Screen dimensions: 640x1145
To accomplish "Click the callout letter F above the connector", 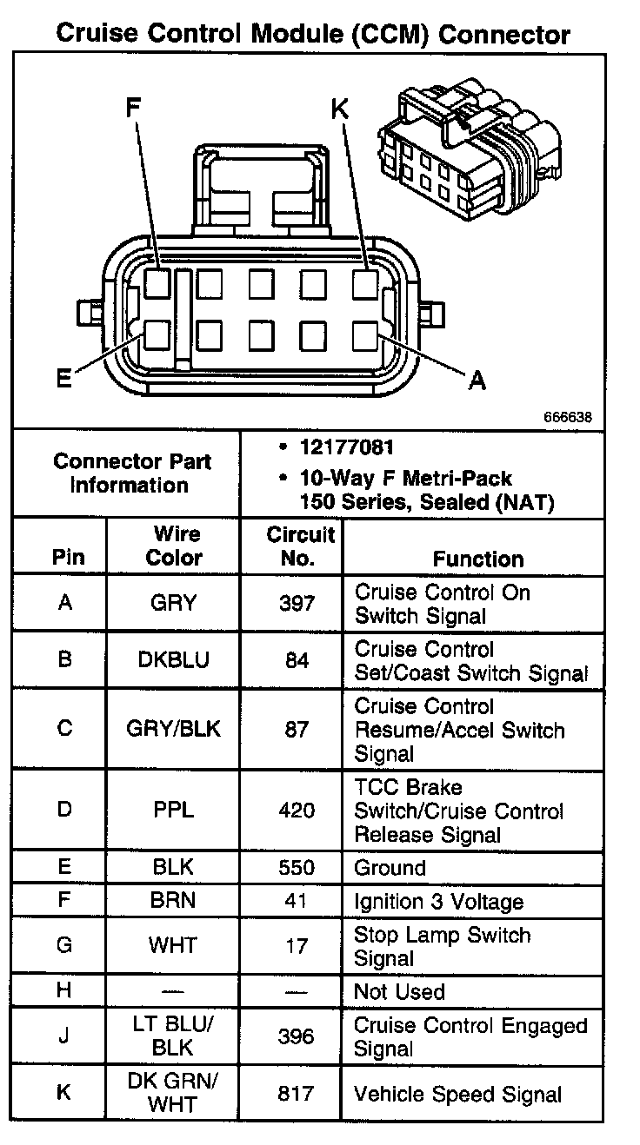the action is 132,108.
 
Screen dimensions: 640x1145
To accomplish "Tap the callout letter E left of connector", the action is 63,380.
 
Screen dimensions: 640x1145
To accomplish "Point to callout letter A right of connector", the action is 477,380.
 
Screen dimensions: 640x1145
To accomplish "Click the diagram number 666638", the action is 569,417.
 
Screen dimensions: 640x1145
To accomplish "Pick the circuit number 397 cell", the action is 297,604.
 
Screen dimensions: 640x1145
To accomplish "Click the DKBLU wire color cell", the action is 174,660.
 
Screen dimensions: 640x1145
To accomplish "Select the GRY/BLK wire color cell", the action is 174,728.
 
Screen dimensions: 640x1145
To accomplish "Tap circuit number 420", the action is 297,811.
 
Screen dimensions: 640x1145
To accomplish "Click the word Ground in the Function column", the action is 390,868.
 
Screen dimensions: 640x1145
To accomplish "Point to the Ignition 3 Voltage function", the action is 438,902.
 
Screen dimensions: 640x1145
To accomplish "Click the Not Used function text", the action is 399,992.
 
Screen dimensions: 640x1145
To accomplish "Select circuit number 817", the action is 297,1094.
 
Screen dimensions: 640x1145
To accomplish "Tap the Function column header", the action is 477,559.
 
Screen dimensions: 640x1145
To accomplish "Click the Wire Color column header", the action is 174,546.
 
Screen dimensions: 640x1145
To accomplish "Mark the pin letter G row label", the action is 64,945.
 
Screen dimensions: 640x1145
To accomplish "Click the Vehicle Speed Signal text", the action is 457,1095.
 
